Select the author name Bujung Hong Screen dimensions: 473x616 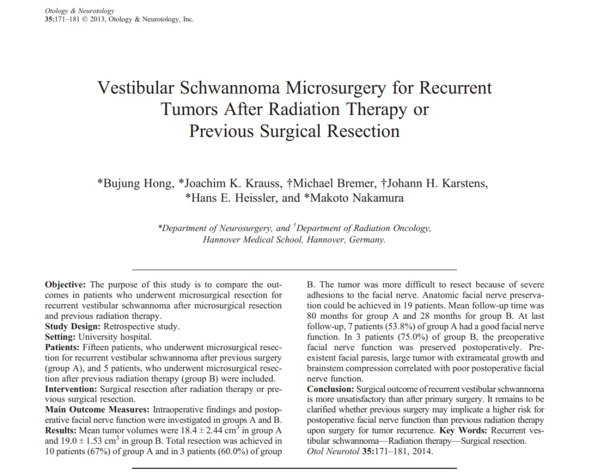point(137,184)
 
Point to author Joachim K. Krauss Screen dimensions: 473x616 point(230,184)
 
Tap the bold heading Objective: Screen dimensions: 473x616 point(66,284)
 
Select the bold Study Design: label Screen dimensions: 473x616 point(72,327)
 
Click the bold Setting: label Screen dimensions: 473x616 point(60,337)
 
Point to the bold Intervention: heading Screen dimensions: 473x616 point(71,390)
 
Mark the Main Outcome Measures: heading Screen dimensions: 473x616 point(96,410)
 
